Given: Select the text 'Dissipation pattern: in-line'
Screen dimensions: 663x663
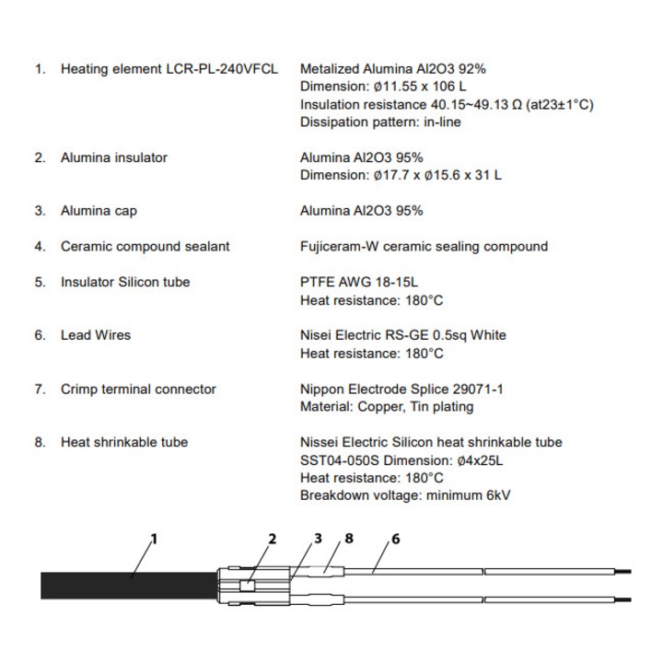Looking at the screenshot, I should point(380,122).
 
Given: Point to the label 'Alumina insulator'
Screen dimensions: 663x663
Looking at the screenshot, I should point(114,157).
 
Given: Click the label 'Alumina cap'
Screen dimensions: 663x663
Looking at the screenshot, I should point(99,211).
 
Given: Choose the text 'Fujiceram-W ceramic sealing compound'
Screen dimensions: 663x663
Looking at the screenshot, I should point(424,246).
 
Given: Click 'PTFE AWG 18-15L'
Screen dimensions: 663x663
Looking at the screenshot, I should point(352,282).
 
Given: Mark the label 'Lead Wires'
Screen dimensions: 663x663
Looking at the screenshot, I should point(96,335).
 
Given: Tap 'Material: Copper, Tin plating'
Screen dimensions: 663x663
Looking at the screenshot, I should point(387,406).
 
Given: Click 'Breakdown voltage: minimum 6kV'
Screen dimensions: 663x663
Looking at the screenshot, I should point(405,495).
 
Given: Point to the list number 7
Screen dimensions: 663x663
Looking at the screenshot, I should point(40,389).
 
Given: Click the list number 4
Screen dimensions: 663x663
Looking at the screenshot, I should point(40,246).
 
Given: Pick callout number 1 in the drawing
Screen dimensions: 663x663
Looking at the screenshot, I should point(154,539).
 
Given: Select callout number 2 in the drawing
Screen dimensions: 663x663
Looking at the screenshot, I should point(273,539).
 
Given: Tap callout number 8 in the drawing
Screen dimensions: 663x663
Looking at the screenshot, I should point(348,539).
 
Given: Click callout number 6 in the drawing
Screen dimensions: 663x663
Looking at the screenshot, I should point(395,539).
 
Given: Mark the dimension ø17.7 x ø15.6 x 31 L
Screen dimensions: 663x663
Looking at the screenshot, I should point(401,175).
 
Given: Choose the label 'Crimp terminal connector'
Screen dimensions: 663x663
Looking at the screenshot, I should point(138,389).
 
